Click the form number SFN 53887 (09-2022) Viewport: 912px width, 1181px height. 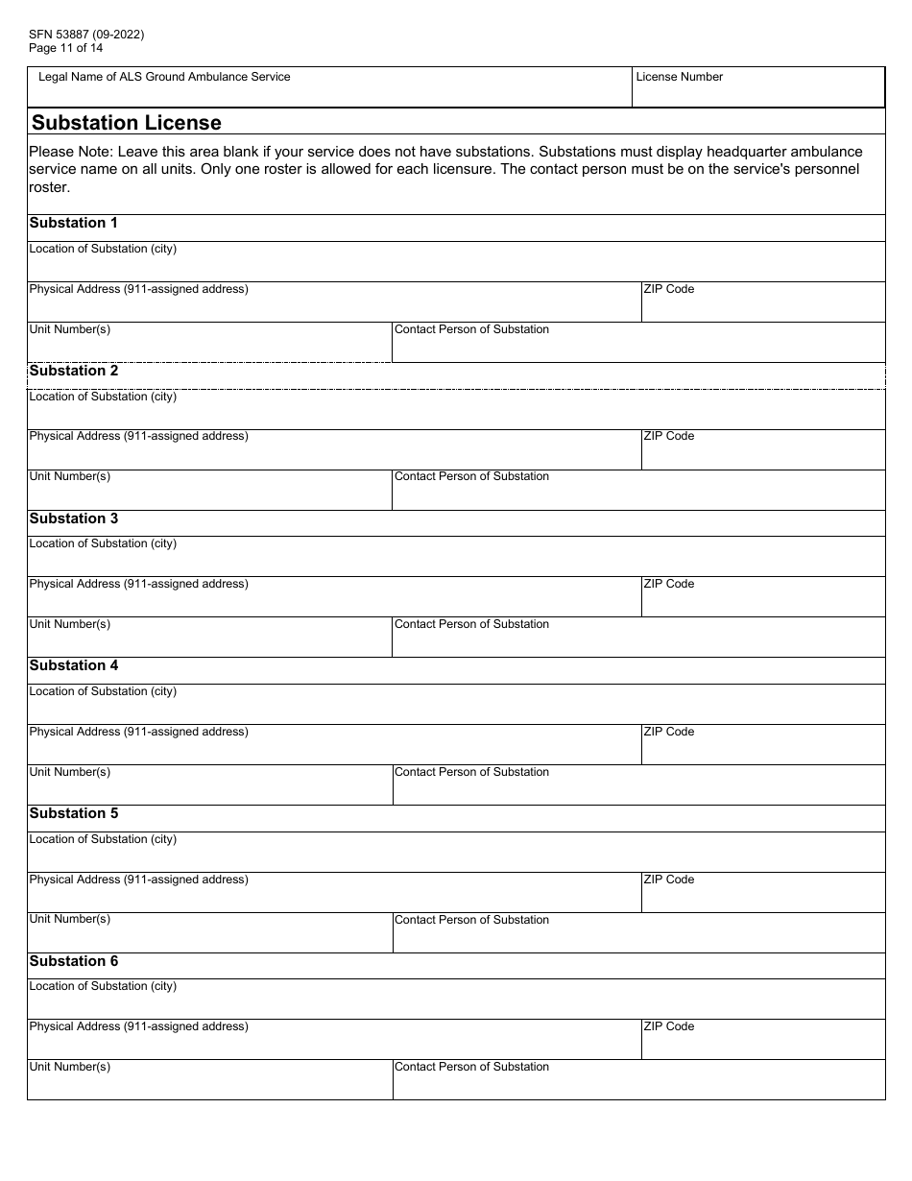(x=86, y=35)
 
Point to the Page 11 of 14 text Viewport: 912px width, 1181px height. (x=66, y=48)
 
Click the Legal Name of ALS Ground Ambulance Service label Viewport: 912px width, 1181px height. (x=164, y=77)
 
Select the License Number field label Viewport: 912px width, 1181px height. (x=680, y=77)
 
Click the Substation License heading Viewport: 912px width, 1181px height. (x=127, y=123)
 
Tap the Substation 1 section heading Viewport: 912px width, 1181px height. (x=74, y=223)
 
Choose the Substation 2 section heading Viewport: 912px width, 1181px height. (x=74, y=371)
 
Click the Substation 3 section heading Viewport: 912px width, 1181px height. (x=74, y=518)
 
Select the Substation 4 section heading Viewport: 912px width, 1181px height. (x=74, y=665)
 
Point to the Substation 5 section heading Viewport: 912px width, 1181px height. (x=74, y=813)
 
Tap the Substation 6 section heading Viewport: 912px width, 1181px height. (x=74, y=961)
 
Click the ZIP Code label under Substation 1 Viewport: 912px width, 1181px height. (x=669, y=289)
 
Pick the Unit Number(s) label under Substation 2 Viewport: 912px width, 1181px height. (x=70, y=476)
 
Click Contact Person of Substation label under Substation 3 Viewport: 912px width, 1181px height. (x=472, y=624)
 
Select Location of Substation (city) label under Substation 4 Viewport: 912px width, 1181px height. (x=103, y=691)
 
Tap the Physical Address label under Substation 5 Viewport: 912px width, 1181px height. (x=138, y=880)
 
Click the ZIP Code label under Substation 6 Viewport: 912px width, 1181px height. (x=669, y=1026)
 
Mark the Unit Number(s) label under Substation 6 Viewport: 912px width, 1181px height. (x=70, y=1067)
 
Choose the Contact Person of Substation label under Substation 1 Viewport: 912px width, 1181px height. (x=472, y=329)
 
